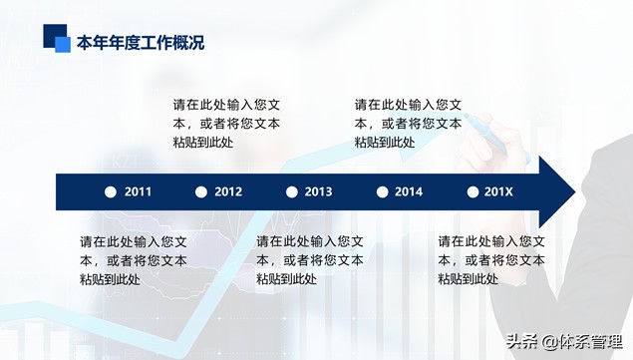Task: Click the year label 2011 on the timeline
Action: (139, 192)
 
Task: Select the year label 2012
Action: (228, 192)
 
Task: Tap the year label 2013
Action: (318, 192)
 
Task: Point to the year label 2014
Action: (408, 192)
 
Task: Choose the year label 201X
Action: (497, 192)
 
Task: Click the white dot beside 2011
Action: (111, 192)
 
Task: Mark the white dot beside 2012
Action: (200, 192)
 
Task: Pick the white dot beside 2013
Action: (291, 192)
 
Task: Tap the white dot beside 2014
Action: (381, 192)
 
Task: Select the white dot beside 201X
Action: (471, 192)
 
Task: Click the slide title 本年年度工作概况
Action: (141, 42)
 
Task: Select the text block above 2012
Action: (226, 123)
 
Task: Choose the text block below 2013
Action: (310, 260)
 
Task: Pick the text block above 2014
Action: (408, 123)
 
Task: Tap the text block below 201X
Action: (491, 260)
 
